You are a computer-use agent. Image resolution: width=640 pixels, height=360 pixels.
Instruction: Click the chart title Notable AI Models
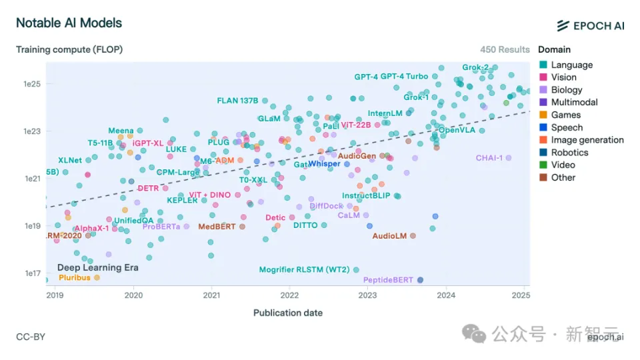pyautogui.click(x=69, y=23)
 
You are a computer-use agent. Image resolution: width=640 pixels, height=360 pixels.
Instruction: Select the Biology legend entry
pyautogui.click(x=566, y=90)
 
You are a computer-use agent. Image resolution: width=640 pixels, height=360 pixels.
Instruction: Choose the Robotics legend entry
pyautogui.click(x=569, y=153)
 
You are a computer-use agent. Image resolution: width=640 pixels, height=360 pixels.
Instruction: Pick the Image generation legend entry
pyautogui.click(x=587, y=140)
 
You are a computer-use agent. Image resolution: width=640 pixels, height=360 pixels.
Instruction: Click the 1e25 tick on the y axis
pyautogui.click(x=32, y=84)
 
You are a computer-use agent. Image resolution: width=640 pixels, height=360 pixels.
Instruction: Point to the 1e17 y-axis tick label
pyautogui.click(x=32, y=273)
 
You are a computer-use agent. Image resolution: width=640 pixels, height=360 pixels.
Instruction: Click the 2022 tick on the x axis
pyautogui.click(x=289, y=295)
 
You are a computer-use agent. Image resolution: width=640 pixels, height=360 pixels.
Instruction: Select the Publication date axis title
pyautogui.click(x=287, y=313)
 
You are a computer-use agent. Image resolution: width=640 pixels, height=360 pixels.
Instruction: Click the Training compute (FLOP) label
pyautogui.click(x=69, y=49)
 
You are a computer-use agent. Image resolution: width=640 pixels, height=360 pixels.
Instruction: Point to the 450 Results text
pyautogui.click(x=505, y=49)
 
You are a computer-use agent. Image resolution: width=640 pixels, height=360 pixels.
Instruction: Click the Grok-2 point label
pyautogui.click(x=475, y=67)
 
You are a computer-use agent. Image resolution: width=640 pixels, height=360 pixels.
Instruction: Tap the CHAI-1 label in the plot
pyautogui.click(x=489, y=158)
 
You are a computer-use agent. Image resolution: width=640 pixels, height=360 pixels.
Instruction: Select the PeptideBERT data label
pyautogui.click(x=388, y=280)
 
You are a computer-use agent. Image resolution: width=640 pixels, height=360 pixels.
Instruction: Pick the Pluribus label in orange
pyautogui.click(x=74, y=277)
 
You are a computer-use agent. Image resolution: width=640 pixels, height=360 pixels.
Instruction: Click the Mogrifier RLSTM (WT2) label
pyautogui.click(x=304, y=270)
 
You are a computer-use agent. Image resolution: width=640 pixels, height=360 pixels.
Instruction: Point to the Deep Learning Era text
pyautogui.click(x=97, y=267)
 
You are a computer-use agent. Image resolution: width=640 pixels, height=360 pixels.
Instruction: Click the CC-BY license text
pyautogui.click(x=31, y=337)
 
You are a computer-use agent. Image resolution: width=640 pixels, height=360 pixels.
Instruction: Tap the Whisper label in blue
pyautogui.click(x=324, y=164)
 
